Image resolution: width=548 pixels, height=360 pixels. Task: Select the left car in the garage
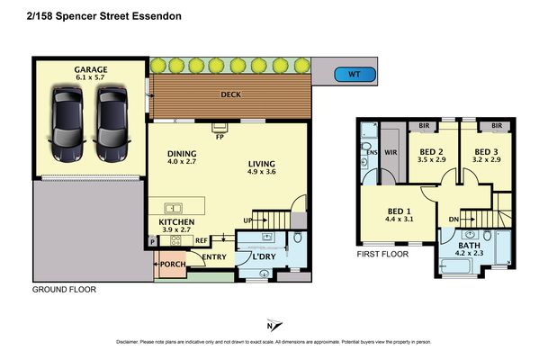(68, 121)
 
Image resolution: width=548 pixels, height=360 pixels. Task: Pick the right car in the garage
(112, 121)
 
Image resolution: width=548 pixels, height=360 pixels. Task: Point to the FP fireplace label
(219, 137)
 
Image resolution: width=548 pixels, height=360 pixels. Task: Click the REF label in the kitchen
(201, 240)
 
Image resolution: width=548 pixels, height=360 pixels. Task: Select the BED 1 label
(398, 209)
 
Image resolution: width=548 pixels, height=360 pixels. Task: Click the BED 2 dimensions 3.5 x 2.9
(431, 159)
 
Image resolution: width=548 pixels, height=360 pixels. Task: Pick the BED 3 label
(486, 150)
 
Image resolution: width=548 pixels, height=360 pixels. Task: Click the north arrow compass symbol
(274, 326)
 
